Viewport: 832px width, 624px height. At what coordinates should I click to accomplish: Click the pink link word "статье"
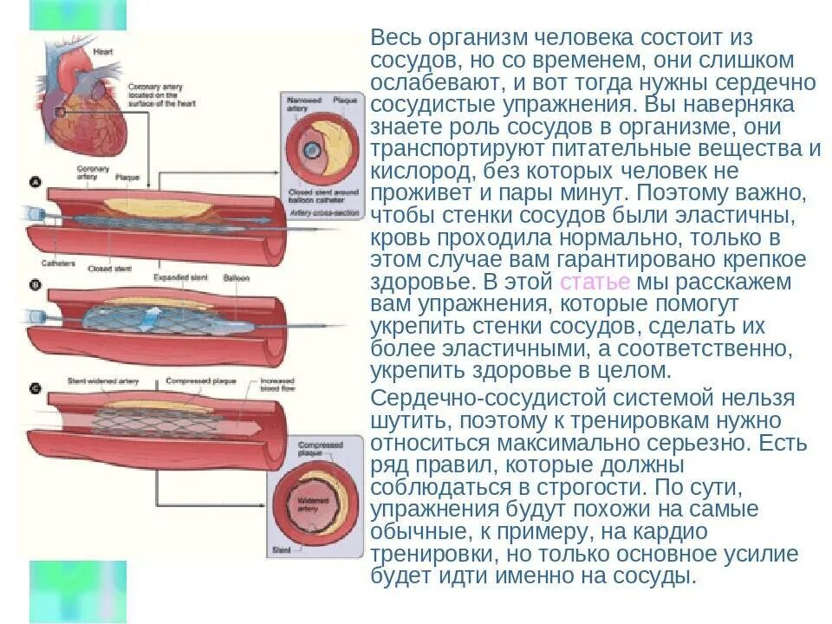point(596,283)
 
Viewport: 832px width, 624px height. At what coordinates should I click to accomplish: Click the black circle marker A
point(36,183)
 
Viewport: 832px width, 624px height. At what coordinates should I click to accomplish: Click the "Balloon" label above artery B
point(236,278)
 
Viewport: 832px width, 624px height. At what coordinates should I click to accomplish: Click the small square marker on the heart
point(60,112)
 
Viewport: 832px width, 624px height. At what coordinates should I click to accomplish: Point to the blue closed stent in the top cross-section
point(310,150)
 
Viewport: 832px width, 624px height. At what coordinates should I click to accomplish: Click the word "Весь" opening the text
point(393,38)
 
